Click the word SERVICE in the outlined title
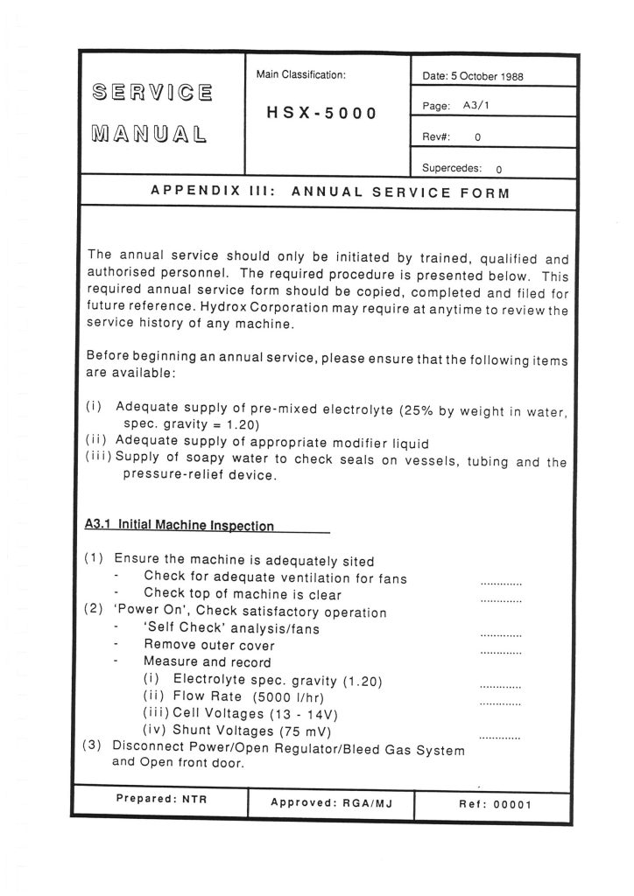pyautogui.click(x=151, y=93)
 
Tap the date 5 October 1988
pyautogui.click(x=487, y=76)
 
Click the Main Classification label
pyautogui.click(x=301, y=75)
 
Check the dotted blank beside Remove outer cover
pyautogui.click(x=501, y=653)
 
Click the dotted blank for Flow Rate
pyautogui.click(x=501, y=703)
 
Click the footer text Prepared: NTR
pyautogui.click(x=161, y=798)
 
